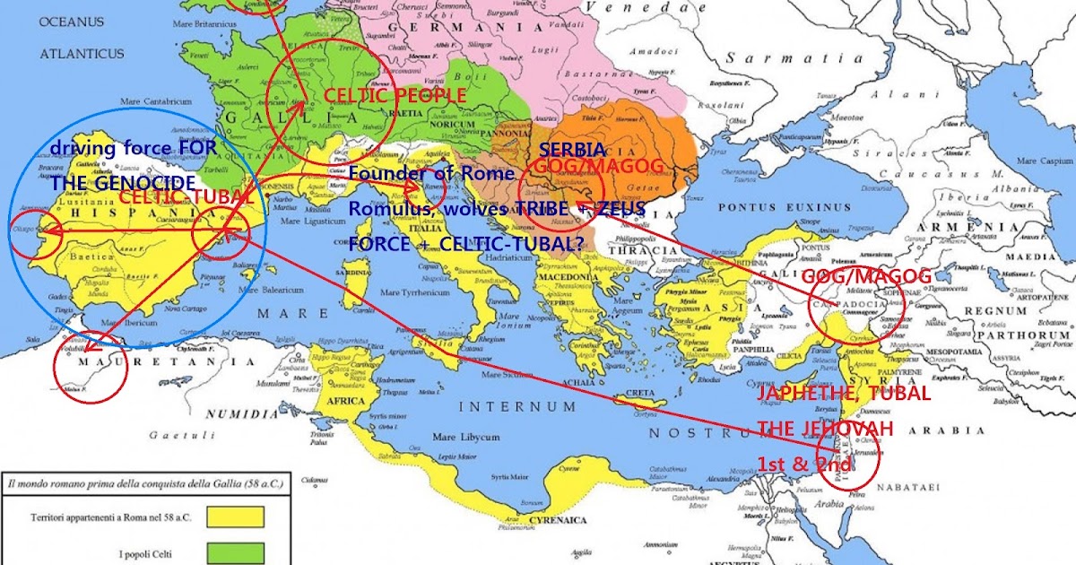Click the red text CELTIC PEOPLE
tap(395, 95)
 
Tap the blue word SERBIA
tap(573, 150)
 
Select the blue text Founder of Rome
tap(432, 173)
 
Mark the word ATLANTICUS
tap(81, 54)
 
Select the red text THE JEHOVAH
tap(825, 430)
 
